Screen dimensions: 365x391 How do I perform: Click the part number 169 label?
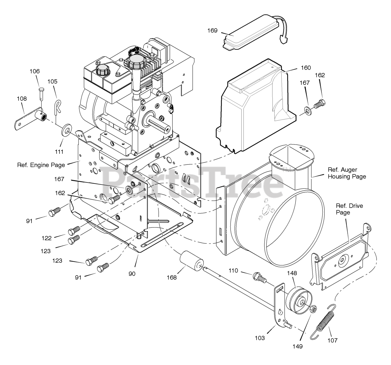point(212,31)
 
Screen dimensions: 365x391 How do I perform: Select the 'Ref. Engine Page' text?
point(41,165)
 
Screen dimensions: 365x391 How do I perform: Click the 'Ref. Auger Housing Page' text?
point(347,173)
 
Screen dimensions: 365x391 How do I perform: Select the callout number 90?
point(132,274)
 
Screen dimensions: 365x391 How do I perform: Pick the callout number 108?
point(22,99)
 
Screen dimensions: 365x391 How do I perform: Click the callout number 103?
point(260,338)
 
